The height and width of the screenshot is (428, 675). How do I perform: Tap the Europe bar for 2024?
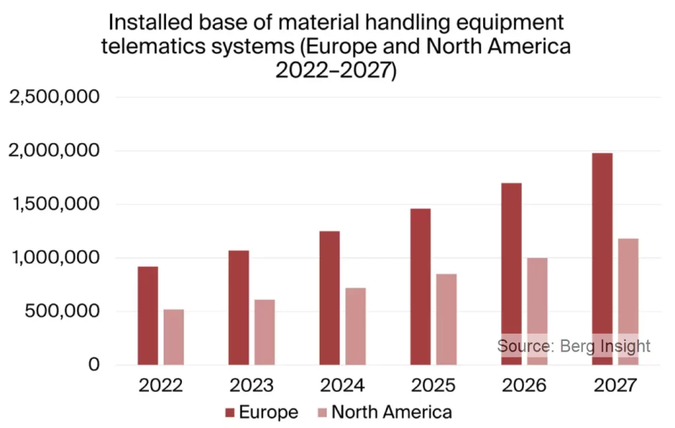pyautogui.click(x=329, y=297)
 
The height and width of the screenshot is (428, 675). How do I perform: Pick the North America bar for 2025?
pyautogui.click(x=446, y=319)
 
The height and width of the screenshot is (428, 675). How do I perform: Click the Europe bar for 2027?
pyautogui.click(x=602, y=259)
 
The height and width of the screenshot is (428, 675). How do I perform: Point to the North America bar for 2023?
pyautogui.click(x=264, y=332)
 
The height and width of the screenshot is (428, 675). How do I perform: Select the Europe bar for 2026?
pyautogui.click(x=512, y=274)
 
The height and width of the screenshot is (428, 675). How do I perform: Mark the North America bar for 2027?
pyautogui.click(x=628, y=301)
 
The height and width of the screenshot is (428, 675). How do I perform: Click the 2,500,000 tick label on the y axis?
pyautogui.click(x=53, y=98)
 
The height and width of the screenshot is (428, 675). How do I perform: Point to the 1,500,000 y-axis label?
pyautogui.click(x=53, y=204)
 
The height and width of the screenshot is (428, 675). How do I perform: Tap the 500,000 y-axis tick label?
pyautogui.click(x=63, y=311)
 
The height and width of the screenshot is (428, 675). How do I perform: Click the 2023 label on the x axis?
pyautogui.click(x=251, y=385)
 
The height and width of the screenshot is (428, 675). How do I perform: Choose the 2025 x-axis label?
pyautogui.click(x=433, y=385)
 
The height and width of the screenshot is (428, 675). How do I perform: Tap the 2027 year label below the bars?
pyautogui.click(x=614, y=385)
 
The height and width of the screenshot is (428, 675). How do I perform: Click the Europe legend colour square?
pyautogui.click(x=229, y=413)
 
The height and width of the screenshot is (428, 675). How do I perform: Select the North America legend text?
pyautogui.click(x=392, y=413)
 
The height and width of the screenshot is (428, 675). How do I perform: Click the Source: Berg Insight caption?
pyautogui.click(x=573, y=346)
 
